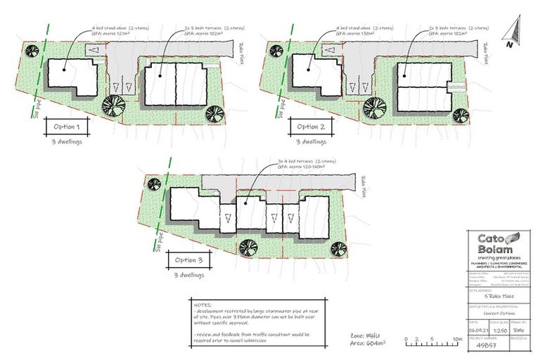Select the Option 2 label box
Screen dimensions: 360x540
(309, 127)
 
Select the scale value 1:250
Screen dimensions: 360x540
(499, 328)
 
